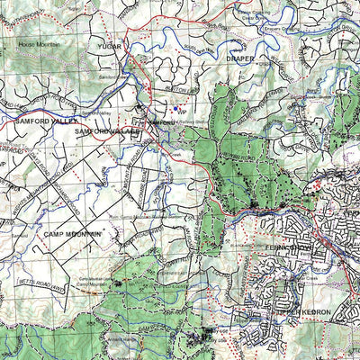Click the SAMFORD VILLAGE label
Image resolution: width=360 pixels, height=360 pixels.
108,131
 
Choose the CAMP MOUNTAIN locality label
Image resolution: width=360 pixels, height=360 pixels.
73,233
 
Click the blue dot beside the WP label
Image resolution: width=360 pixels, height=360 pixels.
178,110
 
